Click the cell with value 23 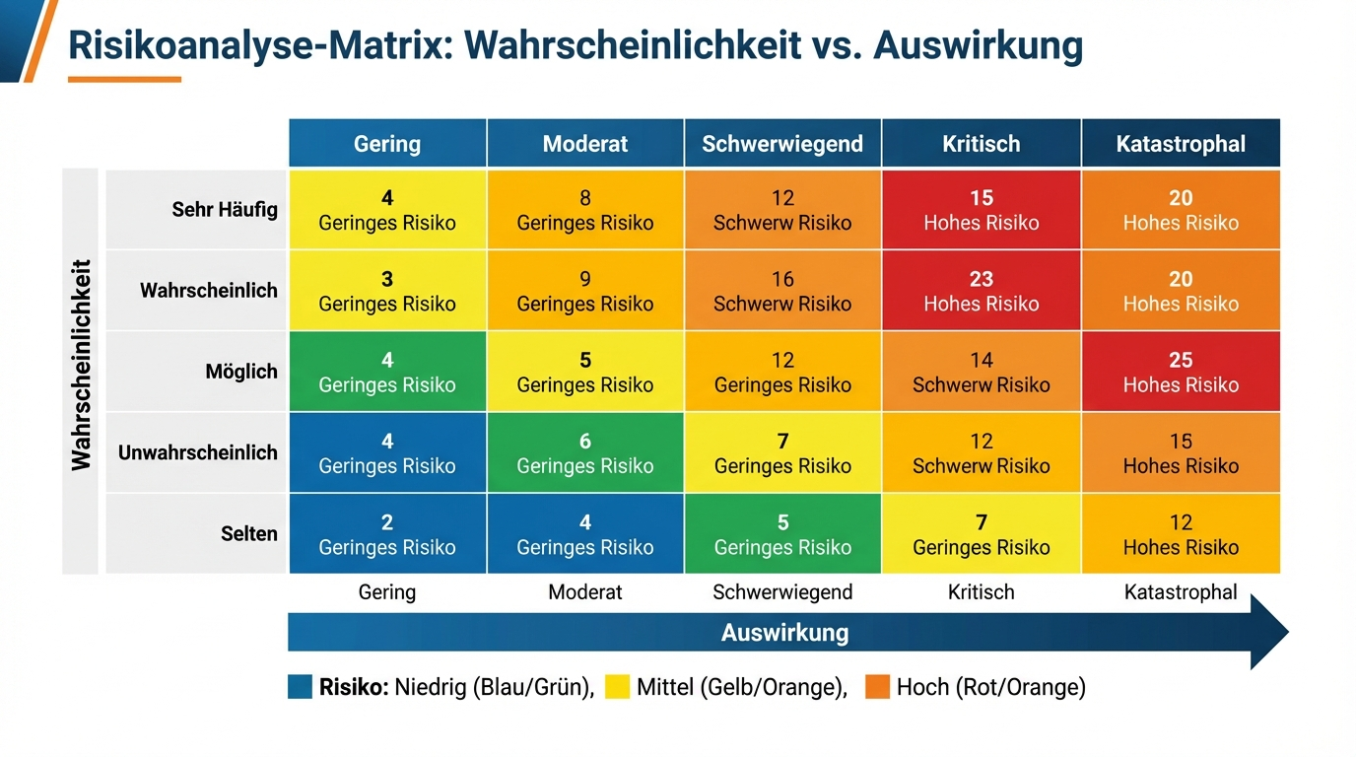click(982, 291)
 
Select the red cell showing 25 click(1181, 372)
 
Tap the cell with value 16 click(782, 291)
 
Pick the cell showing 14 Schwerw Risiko click(982, 372)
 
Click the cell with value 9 click(585, 291)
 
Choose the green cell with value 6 click(585, 452)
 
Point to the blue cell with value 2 click(387, 533)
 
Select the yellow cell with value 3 click(387, 291)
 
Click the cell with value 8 click(585, 209)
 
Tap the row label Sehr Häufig click(225, 209)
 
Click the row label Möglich click(241, 372)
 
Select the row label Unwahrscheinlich click(198, 452)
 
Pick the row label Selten click(249, 533)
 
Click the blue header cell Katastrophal click(1181, 144)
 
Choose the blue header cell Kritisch click(982, 144)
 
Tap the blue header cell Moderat click(585, 144)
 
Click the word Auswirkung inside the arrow click(784, 633)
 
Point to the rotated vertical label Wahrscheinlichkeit click(81, 366)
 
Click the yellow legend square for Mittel click(617, 687)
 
